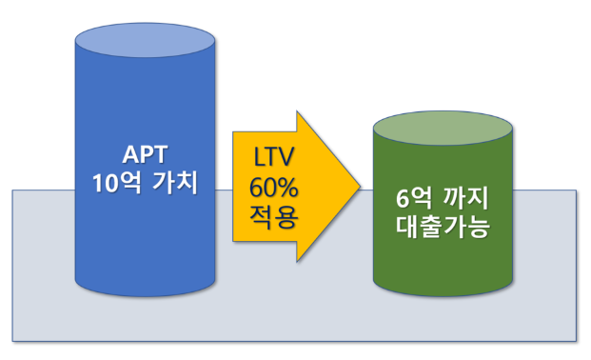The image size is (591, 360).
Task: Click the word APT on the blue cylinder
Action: pos(145,152)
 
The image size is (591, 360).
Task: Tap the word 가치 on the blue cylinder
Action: pos(172,181)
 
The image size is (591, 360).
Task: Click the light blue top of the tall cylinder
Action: pos(145,42)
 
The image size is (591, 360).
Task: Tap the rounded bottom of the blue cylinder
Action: pos(145,283)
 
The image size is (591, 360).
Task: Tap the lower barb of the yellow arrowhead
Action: pos(301,257)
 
